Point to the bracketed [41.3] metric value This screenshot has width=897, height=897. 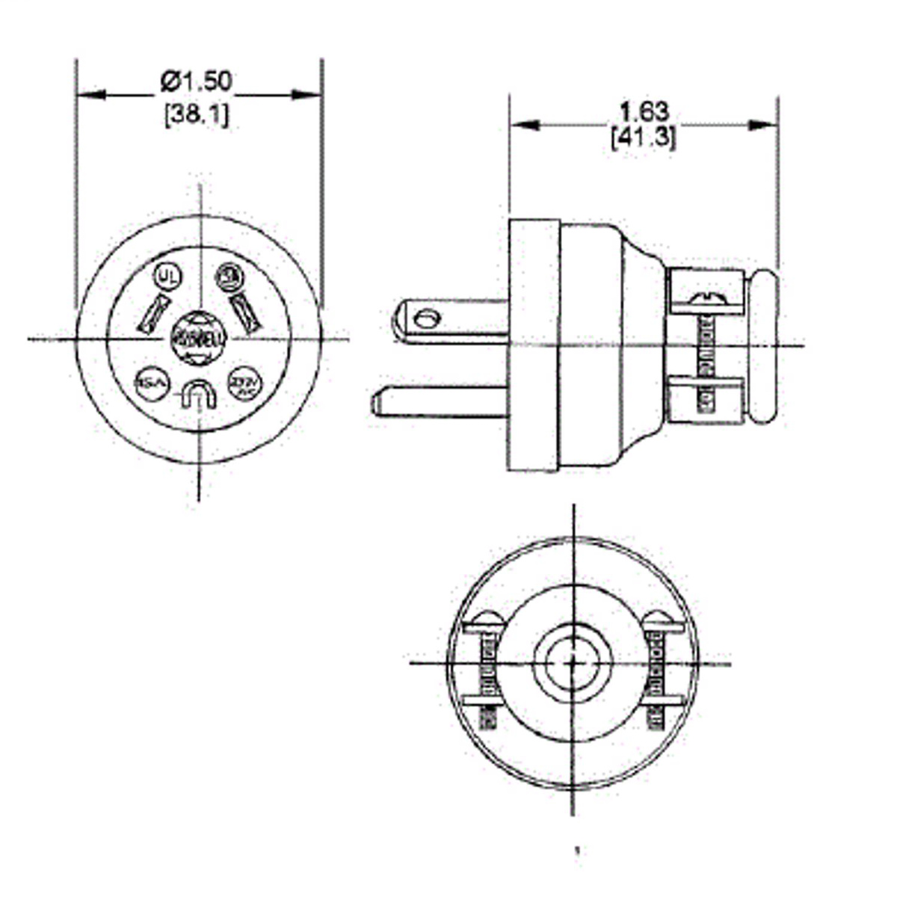[644, 138]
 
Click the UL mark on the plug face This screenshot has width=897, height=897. [167, 276]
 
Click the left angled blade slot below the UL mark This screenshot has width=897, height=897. [154, 313]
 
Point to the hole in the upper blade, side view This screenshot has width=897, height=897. [427, 319]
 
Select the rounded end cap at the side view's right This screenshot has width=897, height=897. [763, 347]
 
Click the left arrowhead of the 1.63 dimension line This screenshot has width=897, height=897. [523, 125]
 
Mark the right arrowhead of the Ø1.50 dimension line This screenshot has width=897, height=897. [307, 95]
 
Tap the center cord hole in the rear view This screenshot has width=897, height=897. [573, 662]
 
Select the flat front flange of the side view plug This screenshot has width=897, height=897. [534, 345]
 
